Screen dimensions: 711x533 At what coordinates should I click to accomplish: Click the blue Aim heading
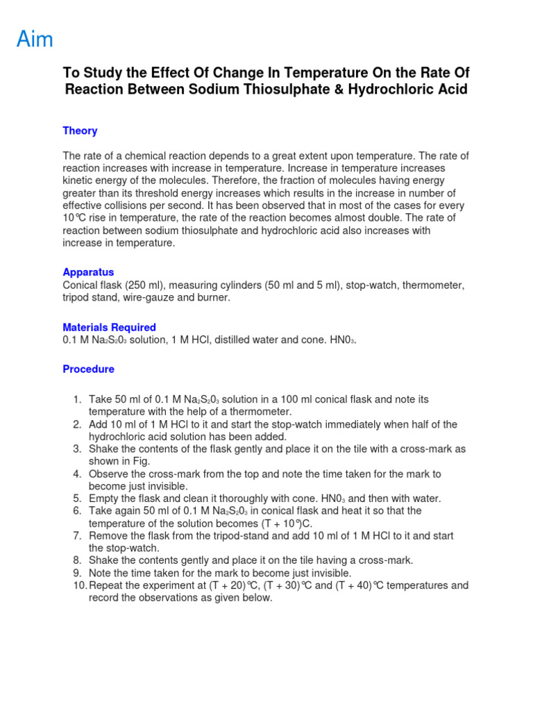tap(35, 40)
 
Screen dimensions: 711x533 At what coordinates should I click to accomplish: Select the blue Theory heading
tap(80, 131)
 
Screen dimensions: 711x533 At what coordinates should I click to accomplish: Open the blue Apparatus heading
tap(88, 273)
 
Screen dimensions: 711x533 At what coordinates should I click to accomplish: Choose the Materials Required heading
tap(109, 328)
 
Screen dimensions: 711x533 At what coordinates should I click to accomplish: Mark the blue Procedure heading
tap(88, 369)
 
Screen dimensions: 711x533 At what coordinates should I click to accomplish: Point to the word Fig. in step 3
tap(140, 462)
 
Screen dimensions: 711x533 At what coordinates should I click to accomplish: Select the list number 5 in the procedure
tap(78, 499)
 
